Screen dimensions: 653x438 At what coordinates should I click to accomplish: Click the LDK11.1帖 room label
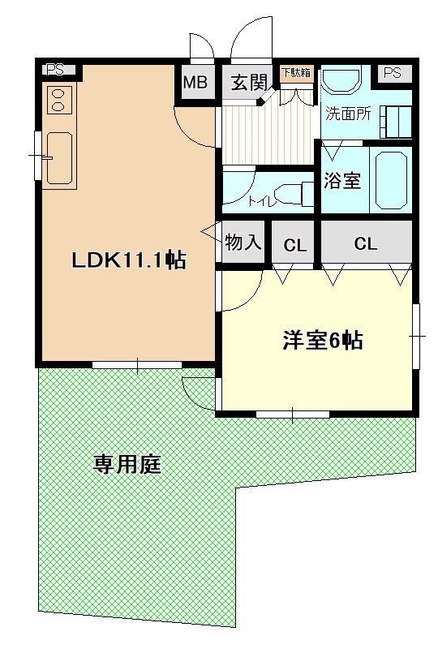click(128, 260)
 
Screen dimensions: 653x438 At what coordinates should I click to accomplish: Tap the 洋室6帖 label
click(322, 341)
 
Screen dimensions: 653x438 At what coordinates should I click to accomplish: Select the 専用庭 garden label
click(127, 465)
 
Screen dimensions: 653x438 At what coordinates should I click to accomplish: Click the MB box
click(195, 82)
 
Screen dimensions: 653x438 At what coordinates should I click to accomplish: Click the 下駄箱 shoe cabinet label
click(296, 73)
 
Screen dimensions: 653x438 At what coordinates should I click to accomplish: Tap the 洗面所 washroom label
click(348, 114)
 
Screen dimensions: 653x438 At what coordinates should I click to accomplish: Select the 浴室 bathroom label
click(342, 180)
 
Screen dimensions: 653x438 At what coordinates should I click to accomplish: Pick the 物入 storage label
click(243, 242)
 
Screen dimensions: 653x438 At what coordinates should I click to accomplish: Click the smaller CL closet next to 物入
click(294, 244)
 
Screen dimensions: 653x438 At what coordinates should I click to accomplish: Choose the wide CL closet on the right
click(366, 243)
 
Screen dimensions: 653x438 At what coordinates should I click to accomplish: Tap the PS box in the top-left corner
click(55, 70)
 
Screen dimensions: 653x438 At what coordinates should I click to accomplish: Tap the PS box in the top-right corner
click(393, 73)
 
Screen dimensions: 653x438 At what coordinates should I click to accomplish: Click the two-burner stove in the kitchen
click(59, 101)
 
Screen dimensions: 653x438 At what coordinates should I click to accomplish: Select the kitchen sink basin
click(58, 158)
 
